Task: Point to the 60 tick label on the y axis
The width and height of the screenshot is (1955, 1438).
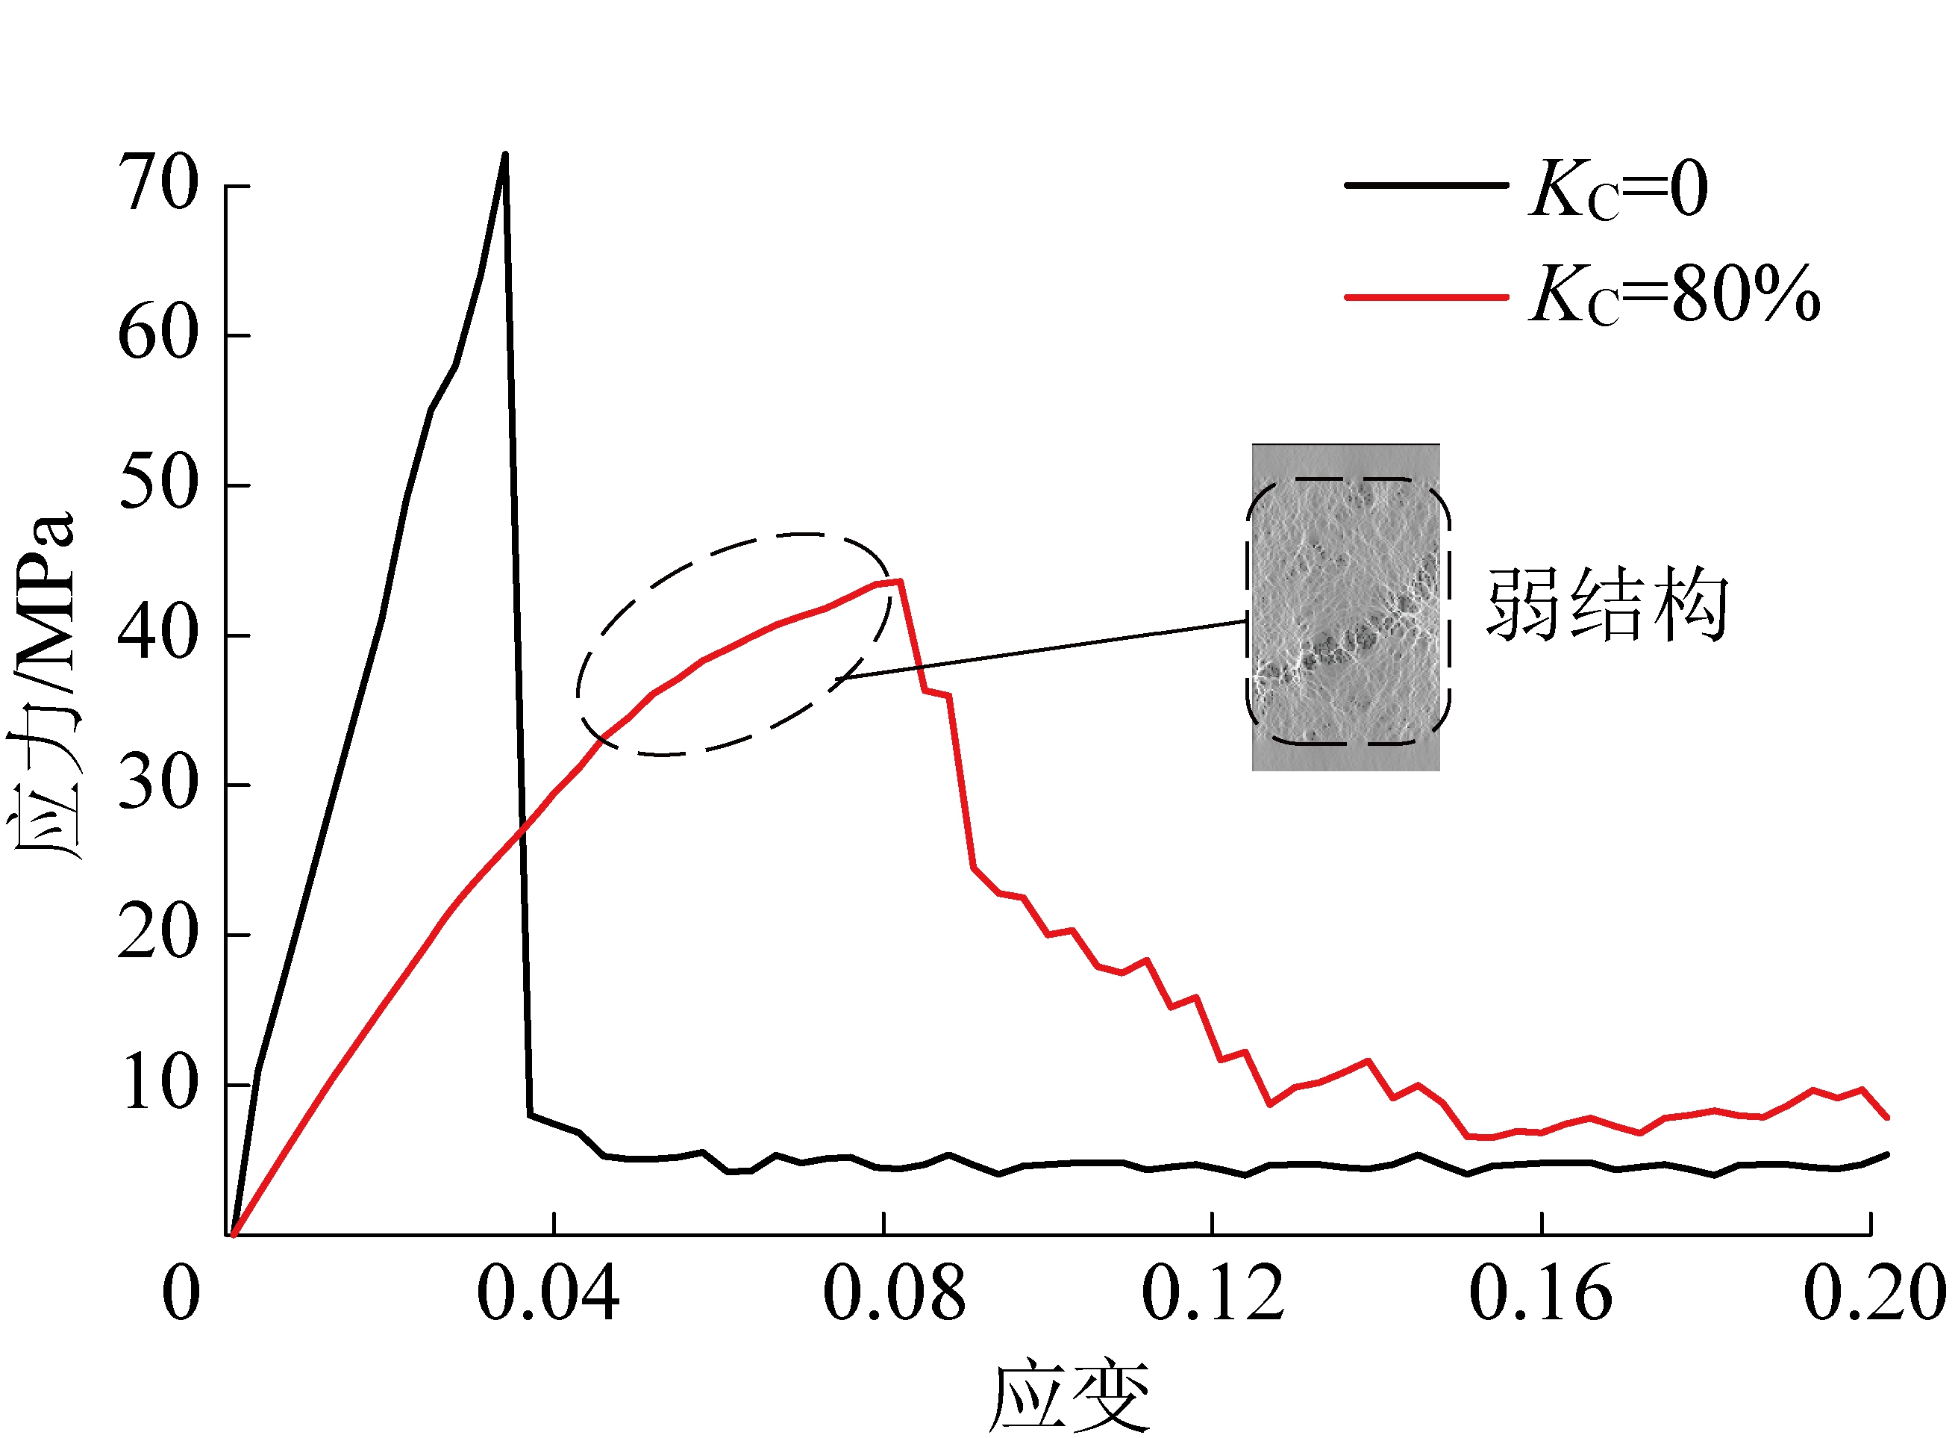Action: (x=158, y=334)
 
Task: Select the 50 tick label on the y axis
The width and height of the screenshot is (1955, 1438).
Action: (x=158, y=483)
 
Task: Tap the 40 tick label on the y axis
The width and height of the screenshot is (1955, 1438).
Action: (x=158, y=634)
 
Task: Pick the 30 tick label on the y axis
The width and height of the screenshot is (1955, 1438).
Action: (x=158, y=783)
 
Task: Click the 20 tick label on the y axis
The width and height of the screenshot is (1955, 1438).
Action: (x=158, y=933)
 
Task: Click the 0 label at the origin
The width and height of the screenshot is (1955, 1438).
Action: (x=181, y=1295)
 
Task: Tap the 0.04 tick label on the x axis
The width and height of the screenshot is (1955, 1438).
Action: (x=548, y=1295)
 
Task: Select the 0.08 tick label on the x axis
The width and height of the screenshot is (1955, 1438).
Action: (x=893, y=1295)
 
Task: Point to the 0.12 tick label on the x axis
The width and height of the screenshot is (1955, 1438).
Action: (x=1212, y=1295)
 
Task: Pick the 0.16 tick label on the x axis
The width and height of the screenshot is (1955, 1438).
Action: (x=1540, y=1295)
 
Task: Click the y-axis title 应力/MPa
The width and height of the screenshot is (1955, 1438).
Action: (x=43, y=688)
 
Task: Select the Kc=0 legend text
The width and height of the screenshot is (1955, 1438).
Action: (x=1618, y=189)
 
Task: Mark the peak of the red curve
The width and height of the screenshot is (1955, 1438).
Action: (x=900, y=581)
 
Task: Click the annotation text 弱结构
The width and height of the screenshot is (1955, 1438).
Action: (x=1606, y=604)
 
